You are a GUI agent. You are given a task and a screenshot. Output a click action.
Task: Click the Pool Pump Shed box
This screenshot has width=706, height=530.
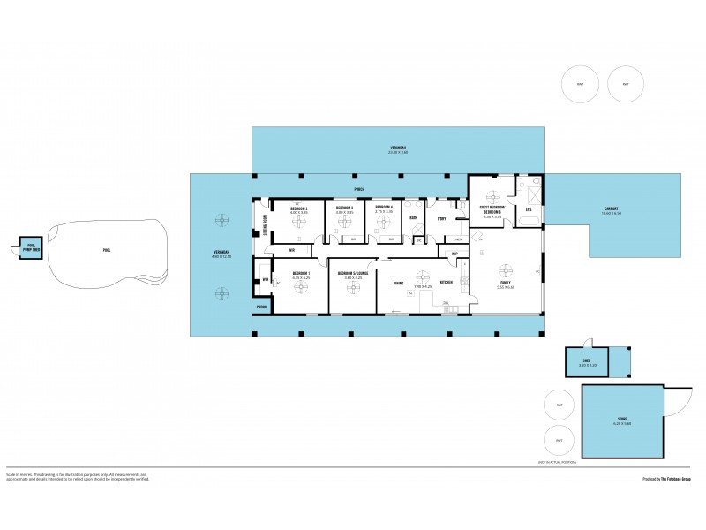click(x=31, y=248)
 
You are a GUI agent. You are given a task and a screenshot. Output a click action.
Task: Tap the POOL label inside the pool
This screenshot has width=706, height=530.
click(x=107, y=250)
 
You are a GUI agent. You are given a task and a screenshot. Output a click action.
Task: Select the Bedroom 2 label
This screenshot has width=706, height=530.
click(x=298, y=210)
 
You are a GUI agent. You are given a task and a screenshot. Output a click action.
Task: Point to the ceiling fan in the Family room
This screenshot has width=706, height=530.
click(x=505, y=271)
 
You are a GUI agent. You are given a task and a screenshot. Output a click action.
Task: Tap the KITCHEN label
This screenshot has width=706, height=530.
click(x=447, y=282)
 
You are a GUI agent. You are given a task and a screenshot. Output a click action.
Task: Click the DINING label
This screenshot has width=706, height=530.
click(x=398, y=283)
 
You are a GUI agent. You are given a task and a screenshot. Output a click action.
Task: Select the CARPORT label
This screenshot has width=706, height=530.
click(x=612, y=210)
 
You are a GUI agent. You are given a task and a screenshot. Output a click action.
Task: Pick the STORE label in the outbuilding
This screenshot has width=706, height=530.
click(x=623, y=420)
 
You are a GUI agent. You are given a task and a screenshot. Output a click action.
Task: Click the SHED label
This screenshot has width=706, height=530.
click(x=586, y=361)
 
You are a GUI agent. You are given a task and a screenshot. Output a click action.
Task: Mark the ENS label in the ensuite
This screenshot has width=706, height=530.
click(x=529, y=209)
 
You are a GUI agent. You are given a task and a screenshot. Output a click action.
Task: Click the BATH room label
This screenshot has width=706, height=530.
click(x=413, y=216)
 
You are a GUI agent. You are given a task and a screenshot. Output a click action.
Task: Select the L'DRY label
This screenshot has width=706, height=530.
click(x=441, y=217)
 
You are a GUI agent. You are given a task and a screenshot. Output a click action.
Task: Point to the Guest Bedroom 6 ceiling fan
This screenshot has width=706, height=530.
click(x=492, y=196)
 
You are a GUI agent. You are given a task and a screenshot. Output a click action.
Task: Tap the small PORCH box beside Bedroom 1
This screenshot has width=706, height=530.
click(x=261, y=307)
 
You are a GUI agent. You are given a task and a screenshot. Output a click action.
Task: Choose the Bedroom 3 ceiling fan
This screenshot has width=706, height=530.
click(x=344, y=222)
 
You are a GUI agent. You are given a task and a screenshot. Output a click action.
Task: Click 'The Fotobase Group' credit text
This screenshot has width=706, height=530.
click(x=678, y=479)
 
